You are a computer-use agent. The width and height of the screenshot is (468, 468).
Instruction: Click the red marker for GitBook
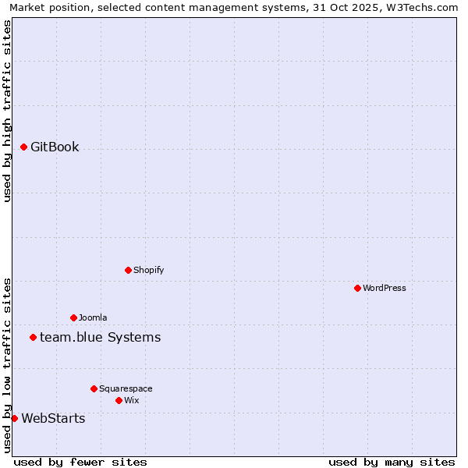tap(23, 147)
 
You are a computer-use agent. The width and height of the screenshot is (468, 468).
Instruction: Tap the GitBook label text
tap(55, 147)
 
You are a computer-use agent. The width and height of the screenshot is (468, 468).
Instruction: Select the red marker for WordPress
tap(357, 288)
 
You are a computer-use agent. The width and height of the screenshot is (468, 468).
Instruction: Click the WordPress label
tap(385, 289)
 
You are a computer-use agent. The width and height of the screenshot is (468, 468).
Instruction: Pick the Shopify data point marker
tap(128, 270)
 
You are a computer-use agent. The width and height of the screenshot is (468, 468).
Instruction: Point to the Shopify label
tap(149, 271)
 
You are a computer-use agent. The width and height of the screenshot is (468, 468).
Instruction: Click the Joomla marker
tap(73, 317)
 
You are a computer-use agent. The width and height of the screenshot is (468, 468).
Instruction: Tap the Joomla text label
tap(93, 318)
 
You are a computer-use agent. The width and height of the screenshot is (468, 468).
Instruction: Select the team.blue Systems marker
tap(33, 337)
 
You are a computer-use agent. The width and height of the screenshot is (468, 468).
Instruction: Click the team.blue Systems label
tap(100, 338)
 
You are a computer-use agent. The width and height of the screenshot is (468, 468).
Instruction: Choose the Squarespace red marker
tap(94, 388)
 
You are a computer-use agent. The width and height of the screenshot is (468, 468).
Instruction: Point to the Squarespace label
tap(126, 389)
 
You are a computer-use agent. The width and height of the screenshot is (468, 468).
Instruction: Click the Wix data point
tap(119, 400)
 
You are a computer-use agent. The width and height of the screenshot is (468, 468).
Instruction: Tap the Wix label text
tap(132, 401)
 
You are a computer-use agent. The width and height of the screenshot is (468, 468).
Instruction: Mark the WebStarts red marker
tap(14, 418)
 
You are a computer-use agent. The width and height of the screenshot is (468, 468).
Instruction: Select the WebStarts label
tap(53, 419)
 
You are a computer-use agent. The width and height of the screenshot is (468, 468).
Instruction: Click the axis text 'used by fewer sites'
tap(80, 462)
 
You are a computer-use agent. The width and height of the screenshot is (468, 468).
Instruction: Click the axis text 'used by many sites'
tap(392, 462)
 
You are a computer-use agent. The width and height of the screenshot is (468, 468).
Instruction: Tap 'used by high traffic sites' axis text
tap(7, 111)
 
